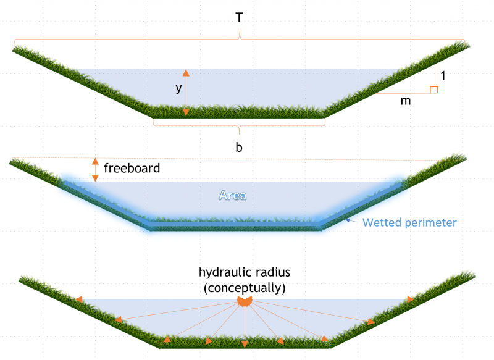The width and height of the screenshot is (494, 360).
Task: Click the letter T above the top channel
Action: [x=238, y=17]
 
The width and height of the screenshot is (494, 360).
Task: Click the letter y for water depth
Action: [x=178, y=89]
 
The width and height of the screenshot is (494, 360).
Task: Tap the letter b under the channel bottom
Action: [x=238, y=148]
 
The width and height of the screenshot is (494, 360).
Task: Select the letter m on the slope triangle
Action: [x=406, y=101]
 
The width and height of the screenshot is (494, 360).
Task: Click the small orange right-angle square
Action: [x=433, y=90]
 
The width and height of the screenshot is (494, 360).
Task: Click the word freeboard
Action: [x=132, y=168]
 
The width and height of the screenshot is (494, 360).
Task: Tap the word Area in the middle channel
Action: [x=233, y=195]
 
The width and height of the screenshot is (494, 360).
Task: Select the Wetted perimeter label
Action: [x=409, y=222]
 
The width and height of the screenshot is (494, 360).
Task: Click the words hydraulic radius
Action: [x=245, y=272]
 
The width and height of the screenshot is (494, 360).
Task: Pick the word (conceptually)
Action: [x=245, y=287]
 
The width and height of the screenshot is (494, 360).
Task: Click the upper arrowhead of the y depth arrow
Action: [x=186, y=73]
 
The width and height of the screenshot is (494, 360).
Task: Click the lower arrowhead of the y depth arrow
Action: [x=186, y=112]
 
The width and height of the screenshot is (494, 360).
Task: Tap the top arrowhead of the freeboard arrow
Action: [x=95, y=161]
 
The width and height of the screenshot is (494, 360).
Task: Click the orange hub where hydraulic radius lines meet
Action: [x=245, y=301]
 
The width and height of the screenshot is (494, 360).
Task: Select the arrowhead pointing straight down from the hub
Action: [x=245, y=343]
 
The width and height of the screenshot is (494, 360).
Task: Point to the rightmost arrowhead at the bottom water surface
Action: [x=410, y=299]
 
